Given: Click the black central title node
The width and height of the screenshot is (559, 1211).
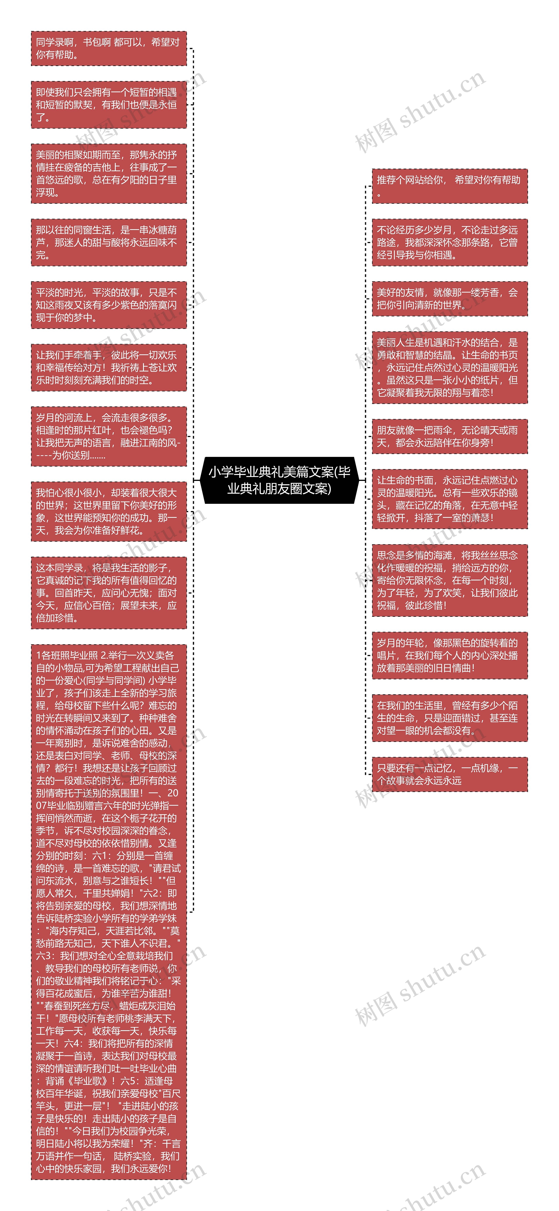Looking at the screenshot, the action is [x=279, y=480].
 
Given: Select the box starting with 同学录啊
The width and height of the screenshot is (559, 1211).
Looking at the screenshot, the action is [x=109, y=48].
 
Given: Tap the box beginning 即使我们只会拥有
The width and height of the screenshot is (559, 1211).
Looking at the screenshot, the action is [x=109, y=104].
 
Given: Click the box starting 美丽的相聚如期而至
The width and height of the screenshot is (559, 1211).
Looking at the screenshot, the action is [x=109, y=173].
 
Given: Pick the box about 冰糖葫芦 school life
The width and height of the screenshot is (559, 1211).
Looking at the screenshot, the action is [x=109, y=242].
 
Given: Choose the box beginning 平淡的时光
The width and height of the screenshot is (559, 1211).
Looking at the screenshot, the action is [x=109, y=305].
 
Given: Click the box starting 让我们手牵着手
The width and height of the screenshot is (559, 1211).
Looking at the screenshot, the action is [x=109, y=367].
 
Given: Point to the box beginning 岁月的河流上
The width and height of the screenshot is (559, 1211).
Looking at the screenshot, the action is [x=109, y=436].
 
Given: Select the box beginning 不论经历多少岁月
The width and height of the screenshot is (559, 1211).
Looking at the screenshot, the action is [x=449, y=242].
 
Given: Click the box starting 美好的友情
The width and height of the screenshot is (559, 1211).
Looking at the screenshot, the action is [x=449, y=299].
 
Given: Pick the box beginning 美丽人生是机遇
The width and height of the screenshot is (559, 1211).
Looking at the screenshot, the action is [x=449, y=367].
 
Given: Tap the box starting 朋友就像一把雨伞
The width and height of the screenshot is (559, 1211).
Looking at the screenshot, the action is [x=449, y=436].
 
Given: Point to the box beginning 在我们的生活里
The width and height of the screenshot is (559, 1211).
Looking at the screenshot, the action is [x=449, y=718].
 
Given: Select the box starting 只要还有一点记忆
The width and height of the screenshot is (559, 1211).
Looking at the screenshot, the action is [x=449, y=774].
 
